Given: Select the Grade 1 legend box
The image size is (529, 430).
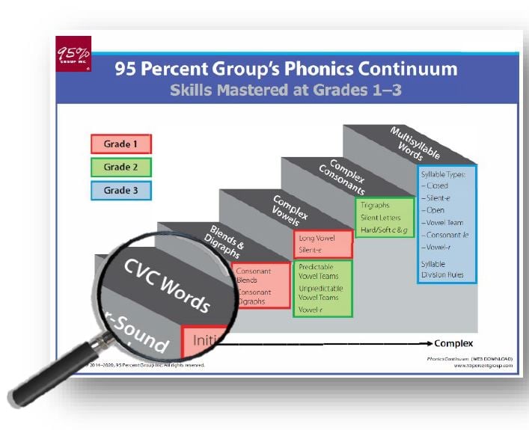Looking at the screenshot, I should [121, 144].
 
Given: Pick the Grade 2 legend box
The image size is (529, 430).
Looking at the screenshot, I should [121, 167].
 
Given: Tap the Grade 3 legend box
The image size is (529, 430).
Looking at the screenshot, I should [121, 190].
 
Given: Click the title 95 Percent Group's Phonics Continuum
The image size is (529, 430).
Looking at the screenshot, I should [286, 70].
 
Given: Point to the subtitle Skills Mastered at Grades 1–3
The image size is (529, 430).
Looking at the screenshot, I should [286, 90].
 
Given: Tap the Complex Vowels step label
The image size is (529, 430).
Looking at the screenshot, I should [284, 211].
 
